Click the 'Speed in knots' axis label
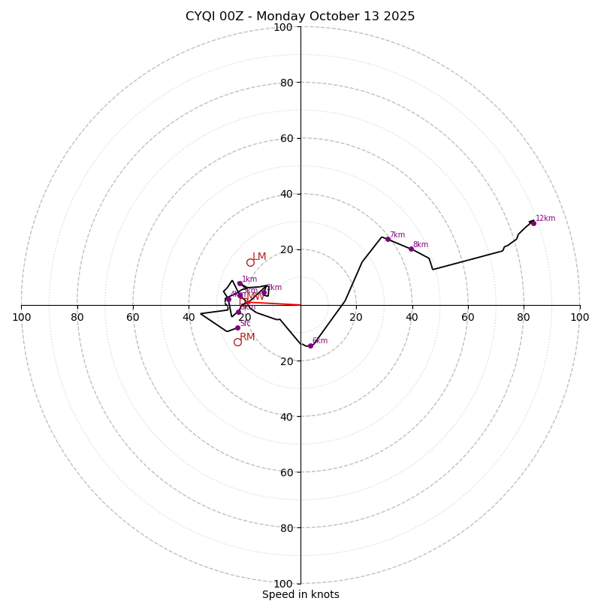pos(300,594)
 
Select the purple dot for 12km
pos(533,223)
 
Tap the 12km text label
pos(545,219)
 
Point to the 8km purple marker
pos(411,249)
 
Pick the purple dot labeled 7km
pos(388,239)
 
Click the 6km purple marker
pos(310,346)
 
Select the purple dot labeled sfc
pos(237,328)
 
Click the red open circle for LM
pos(250,262)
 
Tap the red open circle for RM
pos(237,342)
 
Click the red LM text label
pos(259,257)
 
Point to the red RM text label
pos(247,337)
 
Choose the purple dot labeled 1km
pos(240,283)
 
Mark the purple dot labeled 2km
pos(264,292)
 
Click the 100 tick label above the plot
pos(283,27)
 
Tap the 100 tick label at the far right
pos(580,317)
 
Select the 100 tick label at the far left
pos(21,317)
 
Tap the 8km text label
pos(421,245)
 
